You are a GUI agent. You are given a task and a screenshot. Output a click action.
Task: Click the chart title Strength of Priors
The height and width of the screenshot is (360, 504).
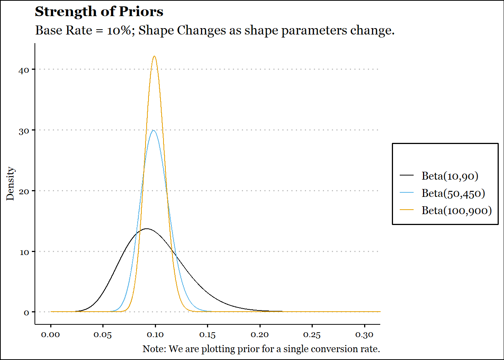coord(99,12)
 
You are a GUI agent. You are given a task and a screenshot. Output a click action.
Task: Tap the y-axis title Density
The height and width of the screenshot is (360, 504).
coord(10,184)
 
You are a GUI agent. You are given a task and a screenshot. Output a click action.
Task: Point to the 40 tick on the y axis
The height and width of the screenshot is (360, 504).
coord(24,70)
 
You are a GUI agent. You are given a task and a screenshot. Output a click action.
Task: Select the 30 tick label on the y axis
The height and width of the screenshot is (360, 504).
coord(24,131)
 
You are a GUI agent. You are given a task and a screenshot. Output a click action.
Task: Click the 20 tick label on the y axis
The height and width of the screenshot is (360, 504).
coord(24,192)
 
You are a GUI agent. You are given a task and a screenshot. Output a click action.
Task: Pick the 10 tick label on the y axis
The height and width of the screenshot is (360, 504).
coord(24,252)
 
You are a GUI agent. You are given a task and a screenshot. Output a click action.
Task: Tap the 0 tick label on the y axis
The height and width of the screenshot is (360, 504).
coord(26,313)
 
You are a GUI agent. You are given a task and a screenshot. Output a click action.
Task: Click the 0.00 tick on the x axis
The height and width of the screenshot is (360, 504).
coord(50,335)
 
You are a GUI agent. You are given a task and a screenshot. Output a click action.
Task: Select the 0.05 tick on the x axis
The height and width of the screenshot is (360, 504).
coord(103,335)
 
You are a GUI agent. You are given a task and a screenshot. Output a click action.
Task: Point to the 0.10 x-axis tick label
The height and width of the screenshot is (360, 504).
coord(155,335)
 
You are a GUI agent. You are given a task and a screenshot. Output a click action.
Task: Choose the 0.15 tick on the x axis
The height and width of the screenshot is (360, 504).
coord(207,335)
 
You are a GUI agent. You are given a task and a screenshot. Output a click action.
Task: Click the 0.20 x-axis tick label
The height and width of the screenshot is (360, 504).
coord(259,335)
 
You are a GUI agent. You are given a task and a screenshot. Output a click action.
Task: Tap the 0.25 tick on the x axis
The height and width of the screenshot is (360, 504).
coord(312,335)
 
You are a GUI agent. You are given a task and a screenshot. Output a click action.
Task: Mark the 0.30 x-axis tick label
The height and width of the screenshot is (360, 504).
coord(364,335)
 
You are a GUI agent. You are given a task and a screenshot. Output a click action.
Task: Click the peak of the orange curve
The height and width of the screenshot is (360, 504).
coord(154,56)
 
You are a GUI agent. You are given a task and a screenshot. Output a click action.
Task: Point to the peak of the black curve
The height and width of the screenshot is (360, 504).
coord(147,228)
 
